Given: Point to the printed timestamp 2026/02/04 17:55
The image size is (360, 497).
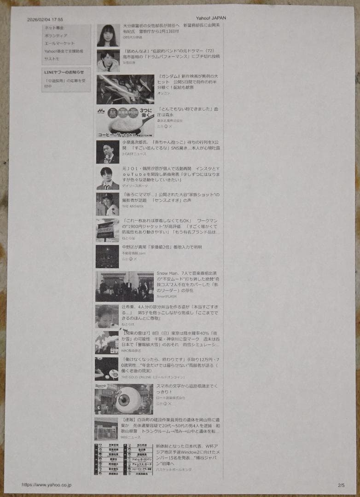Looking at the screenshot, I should point(45,20).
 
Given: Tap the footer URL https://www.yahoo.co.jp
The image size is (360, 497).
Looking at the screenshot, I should point(46,485).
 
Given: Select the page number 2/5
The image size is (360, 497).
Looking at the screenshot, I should point(341,485).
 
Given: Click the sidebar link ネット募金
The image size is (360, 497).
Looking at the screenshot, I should point(54,28).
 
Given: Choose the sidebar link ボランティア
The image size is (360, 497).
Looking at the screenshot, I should point(56,35).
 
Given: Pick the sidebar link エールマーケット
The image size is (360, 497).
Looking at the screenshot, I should point(59,43).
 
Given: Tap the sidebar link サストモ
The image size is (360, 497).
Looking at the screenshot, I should point(52,59).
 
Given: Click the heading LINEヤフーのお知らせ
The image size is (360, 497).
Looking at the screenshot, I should point(64,72).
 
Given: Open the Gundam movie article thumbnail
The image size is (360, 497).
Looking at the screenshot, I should point(125,89).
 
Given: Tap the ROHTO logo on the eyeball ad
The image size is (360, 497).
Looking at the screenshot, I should point(101,386).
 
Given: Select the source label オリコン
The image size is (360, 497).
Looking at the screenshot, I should point(163,93).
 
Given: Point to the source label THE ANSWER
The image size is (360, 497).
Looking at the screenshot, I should point(133,206).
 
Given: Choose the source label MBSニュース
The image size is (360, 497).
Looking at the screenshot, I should point(131,437).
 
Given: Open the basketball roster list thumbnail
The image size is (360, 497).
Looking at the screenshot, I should point(123,459).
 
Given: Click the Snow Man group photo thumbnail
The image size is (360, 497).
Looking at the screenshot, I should point(124,286).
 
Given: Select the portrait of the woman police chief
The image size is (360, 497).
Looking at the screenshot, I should point(108,35).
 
